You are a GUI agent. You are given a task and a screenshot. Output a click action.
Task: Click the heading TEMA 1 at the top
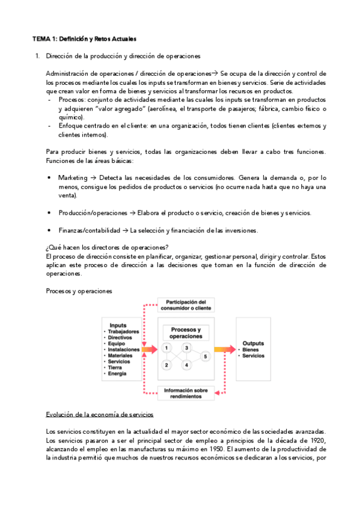click(x=84, y=39)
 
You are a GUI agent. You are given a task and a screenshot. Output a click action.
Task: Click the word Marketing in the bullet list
click(x=72, y=178)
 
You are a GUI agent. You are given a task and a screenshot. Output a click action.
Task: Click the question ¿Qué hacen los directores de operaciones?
click(x=107, y=248)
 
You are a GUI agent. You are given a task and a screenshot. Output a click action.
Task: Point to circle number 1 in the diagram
click(x=166, y=348)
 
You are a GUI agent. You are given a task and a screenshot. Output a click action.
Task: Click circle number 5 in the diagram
click(x=205, y=357)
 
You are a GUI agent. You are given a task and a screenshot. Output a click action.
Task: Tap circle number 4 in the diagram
click(x=187, y=365)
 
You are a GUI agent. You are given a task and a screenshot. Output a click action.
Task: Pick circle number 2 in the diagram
click(x=166, y=365)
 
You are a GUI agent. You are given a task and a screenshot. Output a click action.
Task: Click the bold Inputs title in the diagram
click(x=118, y=325)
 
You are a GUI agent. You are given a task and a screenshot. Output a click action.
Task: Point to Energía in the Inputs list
click(x=118, y=373)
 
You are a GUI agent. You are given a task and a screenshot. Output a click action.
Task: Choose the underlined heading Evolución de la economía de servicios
click(x=100, y=415)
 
